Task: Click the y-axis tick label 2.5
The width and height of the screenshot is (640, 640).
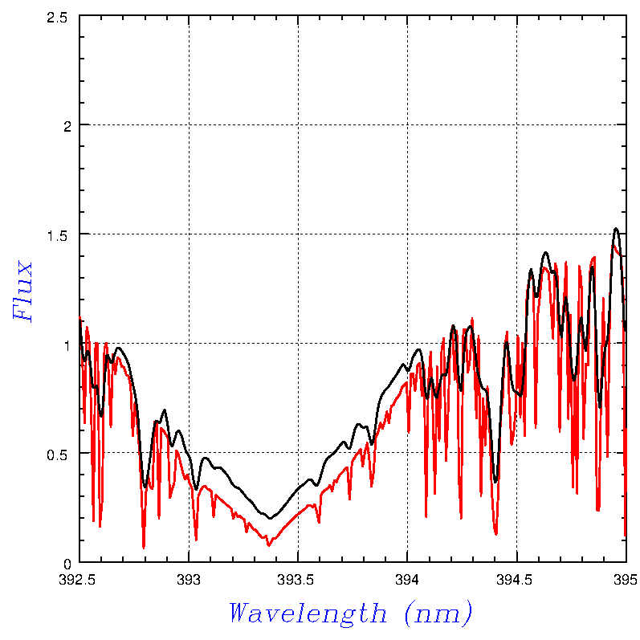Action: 57,16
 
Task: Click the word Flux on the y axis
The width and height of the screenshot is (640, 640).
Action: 24,291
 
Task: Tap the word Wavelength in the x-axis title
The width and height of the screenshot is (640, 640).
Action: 308,614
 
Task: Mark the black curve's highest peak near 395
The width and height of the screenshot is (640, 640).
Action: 616,229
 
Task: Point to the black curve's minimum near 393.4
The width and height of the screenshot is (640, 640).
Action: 271,518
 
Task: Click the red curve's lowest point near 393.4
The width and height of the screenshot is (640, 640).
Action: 268,546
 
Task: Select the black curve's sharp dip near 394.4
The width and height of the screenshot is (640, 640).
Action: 495,482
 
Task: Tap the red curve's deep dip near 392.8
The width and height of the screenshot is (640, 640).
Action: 144,548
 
